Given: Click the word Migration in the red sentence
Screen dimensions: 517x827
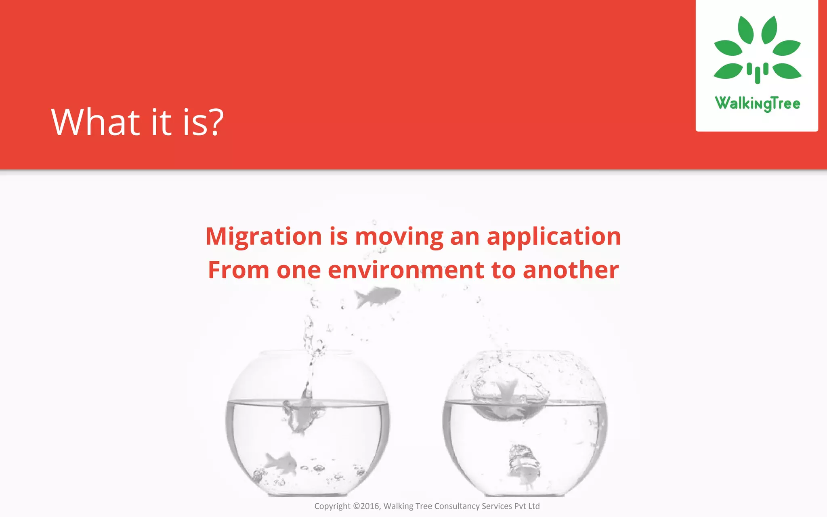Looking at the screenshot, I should pos(264,236).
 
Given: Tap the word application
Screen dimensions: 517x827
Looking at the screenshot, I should pos(554,236).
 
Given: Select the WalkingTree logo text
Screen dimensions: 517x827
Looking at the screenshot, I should pos(757,103).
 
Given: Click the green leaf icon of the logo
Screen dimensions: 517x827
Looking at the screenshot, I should pos(757,48).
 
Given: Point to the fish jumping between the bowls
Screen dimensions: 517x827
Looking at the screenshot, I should pos(377,296).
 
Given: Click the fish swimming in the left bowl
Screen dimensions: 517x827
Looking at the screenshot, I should pos(281,463).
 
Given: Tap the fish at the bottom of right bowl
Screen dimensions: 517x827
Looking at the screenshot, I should pos(524,464).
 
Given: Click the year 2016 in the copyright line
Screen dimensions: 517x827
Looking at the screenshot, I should pos(369,506).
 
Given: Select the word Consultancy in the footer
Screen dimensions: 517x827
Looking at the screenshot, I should pos(457,506).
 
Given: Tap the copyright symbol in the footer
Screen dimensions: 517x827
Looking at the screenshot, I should pos(356,506).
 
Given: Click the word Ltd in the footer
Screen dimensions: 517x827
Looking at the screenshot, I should pos(534,506).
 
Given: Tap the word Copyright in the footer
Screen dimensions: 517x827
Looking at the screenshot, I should pos(332,506).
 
